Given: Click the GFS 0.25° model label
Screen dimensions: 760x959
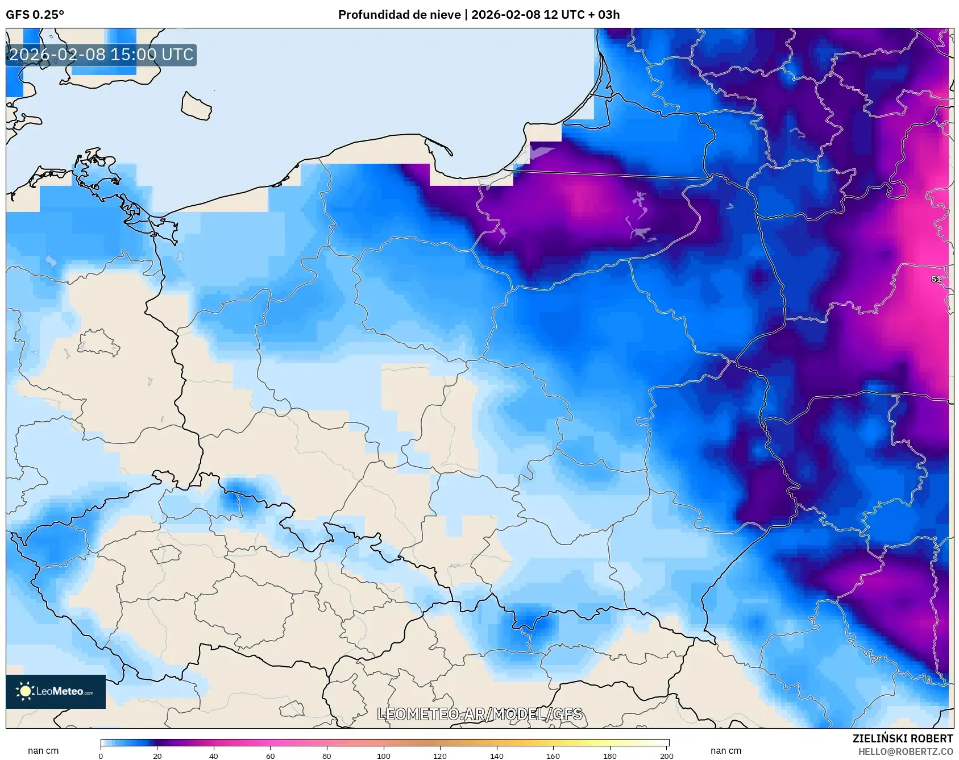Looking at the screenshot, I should [x=35, y=15].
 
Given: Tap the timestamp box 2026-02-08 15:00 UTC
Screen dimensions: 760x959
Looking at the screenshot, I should [x=101, y=55].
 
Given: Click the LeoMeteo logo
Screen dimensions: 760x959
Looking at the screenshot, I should [x=56, y=691].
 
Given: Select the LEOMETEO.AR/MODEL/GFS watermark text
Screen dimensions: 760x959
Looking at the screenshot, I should [x=480, y=714].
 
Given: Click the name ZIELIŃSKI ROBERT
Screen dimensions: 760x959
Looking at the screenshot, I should [x=902, y=738].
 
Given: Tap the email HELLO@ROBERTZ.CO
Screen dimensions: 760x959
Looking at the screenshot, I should [x=905, y=751].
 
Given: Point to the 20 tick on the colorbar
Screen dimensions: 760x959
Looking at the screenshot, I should [x=157, y=756].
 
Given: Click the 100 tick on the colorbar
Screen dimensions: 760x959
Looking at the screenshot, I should [x=384, y=756].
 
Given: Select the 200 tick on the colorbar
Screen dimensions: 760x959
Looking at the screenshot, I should [x=667, y=756].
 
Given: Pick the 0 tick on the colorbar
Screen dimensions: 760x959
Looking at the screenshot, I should [x=101, y=756].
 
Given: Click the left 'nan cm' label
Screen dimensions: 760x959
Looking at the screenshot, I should [x=43, y=750].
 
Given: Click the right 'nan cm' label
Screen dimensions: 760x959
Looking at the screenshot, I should [x=726, y=750].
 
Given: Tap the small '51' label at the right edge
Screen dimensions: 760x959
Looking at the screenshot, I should [x=936, y=279].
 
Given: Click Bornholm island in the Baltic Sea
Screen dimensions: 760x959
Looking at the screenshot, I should [x=196, y=106].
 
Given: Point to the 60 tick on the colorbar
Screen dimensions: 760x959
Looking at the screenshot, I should [x=271, y=756].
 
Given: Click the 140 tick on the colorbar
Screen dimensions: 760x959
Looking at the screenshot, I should [x=497, y=756].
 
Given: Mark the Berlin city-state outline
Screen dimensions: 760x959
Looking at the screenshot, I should [x=98, y=342].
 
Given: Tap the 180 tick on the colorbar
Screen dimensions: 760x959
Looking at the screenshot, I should [x=610, y=756].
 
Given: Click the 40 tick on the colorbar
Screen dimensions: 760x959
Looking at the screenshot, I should [x=214, y=756].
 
